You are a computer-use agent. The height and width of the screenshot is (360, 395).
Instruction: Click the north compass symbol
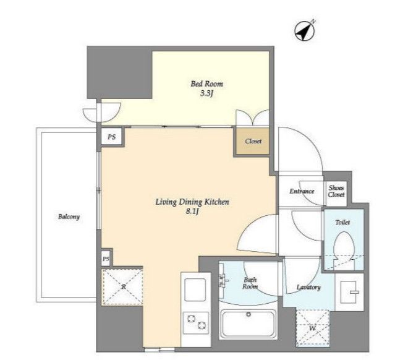tap(305, 31)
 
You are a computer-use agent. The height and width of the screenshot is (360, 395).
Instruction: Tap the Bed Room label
tap(207, 84)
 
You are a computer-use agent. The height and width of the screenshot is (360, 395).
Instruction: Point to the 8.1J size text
tap(192, 212)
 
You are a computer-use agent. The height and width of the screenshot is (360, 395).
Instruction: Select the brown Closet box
tap(253, 141)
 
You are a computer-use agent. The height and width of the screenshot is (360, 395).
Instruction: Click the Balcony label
tap(69, 216)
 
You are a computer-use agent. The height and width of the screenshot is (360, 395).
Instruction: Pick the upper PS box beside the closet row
tap(112, 137)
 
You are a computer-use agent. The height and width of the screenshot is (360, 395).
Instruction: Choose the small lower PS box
tap(106, 259)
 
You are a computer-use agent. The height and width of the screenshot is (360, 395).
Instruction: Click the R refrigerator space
tap(122, 287)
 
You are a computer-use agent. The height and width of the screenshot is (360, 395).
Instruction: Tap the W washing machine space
tap(313, 328)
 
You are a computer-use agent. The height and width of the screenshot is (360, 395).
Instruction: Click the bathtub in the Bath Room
tap(248, 325)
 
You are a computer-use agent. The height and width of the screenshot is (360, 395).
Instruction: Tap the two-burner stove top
tap(196, 322)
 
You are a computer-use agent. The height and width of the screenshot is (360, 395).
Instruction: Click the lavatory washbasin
tap(349, 293)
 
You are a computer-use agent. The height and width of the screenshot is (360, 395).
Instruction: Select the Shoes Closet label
tap(336, 191)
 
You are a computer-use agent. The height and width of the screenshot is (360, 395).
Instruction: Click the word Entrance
tap(302, 191)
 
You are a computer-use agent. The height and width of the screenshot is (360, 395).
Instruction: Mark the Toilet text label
tap(342, 222)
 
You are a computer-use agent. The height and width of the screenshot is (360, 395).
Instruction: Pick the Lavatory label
tap(308, 287)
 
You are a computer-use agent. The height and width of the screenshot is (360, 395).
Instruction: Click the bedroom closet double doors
tap(252, 118)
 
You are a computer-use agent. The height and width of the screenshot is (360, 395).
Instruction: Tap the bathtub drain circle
tap(248, 314)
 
